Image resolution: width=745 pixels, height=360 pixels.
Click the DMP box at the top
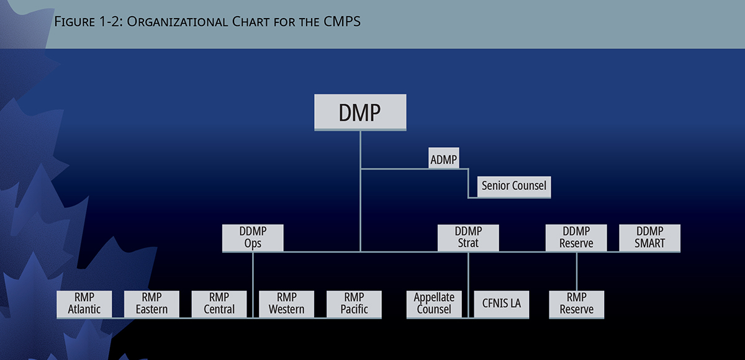pos(360,112)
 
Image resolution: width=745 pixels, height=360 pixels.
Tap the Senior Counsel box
pos(513,186)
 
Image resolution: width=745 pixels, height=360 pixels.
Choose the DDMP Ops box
pos(253,238)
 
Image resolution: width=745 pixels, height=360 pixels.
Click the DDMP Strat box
pos(468,238)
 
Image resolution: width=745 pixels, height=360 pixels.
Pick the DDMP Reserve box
pos(576,238)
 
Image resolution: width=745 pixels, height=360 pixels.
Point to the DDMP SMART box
pos(650,238)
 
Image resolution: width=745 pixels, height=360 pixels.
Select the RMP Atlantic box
pos(84,304)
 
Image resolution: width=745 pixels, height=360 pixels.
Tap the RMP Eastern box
pos(151,304)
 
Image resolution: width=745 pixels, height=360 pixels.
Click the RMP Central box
pos(219,304)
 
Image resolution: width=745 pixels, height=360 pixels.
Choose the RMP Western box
pos(287,304)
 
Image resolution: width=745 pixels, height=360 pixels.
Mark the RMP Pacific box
pos(354,304)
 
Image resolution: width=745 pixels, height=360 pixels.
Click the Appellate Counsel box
pos(434,304)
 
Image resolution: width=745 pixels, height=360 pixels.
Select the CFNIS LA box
pos(502,304)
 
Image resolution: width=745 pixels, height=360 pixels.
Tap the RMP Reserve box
pos(577,304)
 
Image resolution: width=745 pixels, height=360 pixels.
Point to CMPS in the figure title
pos(341,22)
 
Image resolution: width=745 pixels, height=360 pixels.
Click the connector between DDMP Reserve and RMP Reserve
pos(577,271)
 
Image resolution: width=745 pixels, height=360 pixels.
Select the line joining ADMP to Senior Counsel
pos(469,184)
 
